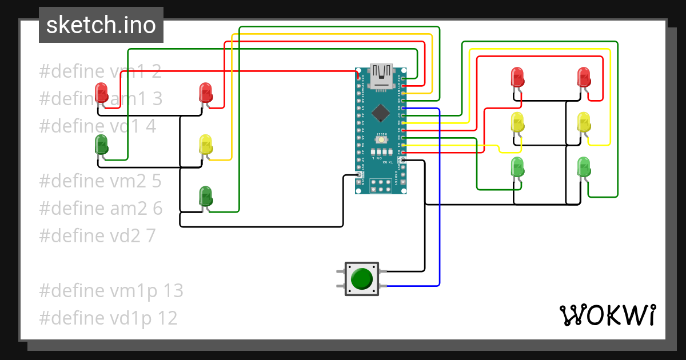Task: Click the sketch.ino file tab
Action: click(x=101, y=25)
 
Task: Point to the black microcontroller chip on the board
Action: click(x=380, y=113)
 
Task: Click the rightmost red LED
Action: click(x=584, y=77)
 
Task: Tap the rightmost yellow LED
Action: click(x=584, y=122)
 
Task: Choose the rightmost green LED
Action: click(x=584, y=167)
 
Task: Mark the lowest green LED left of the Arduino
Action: click(x=205, y=196)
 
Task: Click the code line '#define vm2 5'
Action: click(x=100, y=181)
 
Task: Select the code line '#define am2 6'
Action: click(x=100, y=209)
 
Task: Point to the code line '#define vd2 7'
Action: click(x=97, y=235)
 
